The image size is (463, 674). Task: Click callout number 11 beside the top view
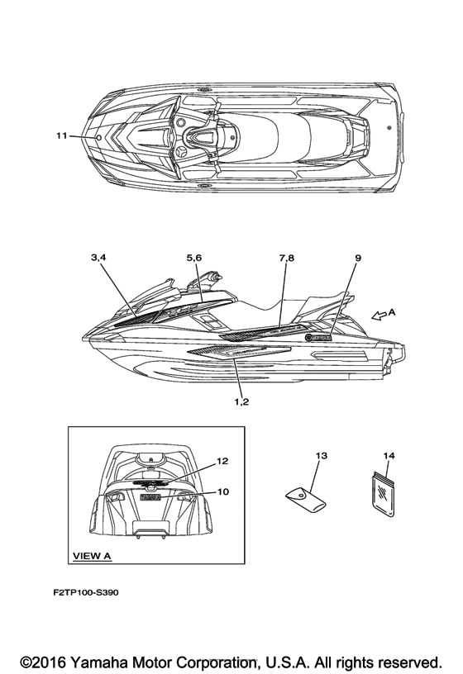click(62, 135)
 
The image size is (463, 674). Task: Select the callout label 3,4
click(98, 258)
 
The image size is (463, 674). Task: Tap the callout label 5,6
click(194, 258)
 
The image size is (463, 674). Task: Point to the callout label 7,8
click(287, 258)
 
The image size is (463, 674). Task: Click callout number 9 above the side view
click(358, 258)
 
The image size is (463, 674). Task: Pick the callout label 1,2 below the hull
click(241, 401)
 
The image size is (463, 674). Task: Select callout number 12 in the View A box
click(222, 461)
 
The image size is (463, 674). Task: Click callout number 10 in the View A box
click(223, 491)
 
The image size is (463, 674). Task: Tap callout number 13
click(322, 455)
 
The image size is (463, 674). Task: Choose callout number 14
click(389, 455)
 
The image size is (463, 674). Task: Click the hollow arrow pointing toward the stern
click(379, 316)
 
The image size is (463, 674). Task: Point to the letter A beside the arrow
click(392, 312)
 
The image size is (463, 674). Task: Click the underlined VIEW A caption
click(92, 556)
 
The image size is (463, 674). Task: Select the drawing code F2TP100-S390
click(86, 592)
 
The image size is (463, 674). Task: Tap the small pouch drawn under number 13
click(306, 500)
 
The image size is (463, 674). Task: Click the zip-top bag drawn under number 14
click(383, 493)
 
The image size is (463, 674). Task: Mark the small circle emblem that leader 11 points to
click(98, 138)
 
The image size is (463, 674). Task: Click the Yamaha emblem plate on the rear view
click(150, 497)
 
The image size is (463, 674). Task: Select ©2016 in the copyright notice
click(43, 662)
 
